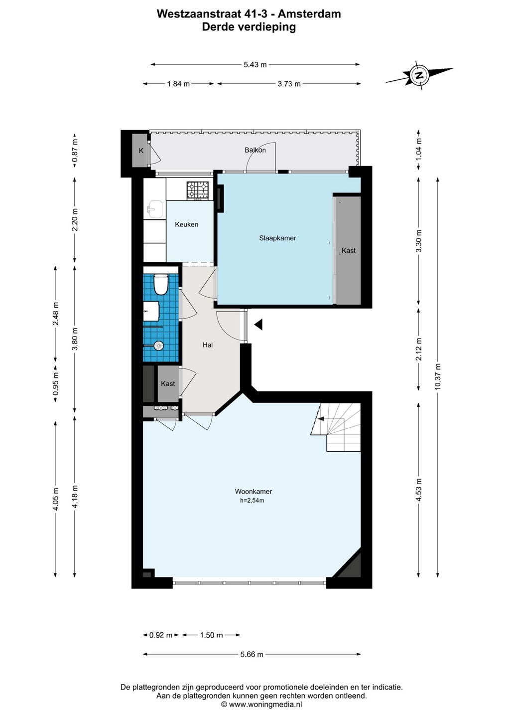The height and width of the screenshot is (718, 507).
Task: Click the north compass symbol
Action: (x=419, y=76)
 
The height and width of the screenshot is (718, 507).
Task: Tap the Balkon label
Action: (x=255, y=150)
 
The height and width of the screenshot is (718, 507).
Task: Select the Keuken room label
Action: (x=186, y=224)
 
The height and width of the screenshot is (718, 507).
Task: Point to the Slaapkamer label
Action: (x=277, y=238)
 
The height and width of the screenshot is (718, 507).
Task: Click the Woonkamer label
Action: (x=253, y=500)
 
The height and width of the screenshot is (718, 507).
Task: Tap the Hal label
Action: (x=208, y=345)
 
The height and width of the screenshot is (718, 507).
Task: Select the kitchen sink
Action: (x=155, y=209)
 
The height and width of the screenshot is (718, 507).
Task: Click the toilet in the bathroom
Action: (x=160, y=284)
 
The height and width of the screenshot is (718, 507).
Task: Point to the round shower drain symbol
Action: (x=159, y=346)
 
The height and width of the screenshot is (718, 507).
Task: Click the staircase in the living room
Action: (x=336, y=427)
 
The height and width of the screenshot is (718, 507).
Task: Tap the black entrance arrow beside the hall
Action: (x=258, y=325)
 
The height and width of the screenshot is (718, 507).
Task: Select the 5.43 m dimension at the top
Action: (x=255, y=64)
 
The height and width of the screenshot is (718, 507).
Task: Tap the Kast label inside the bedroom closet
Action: (x=348, y=250)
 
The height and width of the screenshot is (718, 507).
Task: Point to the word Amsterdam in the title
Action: (x=309, y=14)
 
